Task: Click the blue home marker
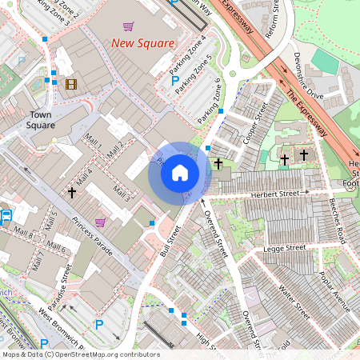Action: [180, 173]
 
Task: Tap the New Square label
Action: [142, 43]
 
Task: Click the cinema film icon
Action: [71, 84]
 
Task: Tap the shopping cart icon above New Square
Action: [129, 26]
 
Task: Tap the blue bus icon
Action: [6, 215]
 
